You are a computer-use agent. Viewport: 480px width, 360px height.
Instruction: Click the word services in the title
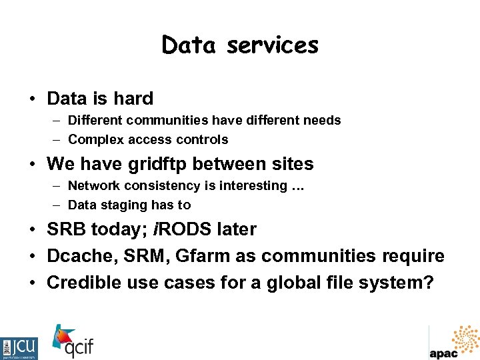(273, 45)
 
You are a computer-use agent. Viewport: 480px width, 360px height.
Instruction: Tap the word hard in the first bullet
(133, 99)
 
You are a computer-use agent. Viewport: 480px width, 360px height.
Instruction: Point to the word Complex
(95, 140)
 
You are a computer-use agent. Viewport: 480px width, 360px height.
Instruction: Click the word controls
(203, 140)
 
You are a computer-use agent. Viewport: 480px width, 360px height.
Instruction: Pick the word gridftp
(163, 164)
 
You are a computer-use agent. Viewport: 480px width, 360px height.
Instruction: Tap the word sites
(290, 164)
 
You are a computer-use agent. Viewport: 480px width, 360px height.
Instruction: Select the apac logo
(453, 343)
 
